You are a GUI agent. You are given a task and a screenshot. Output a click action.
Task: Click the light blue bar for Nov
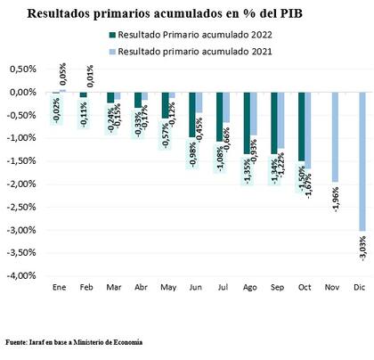[336, 136]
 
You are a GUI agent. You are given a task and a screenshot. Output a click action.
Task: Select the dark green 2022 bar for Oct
[303, 127]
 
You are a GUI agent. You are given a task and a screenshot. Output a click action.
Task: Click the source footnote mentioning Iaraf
[73, 341]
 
